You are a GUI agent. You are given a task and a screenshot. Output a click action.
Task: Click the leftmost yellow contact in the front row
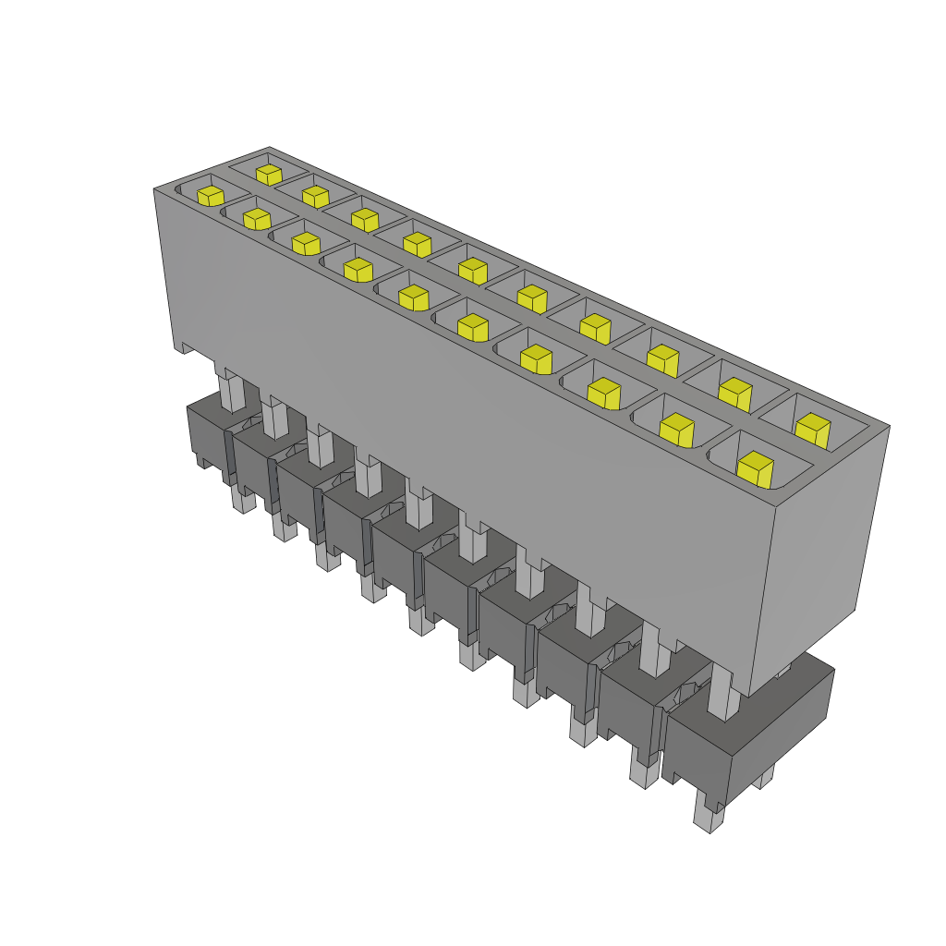(211, 196)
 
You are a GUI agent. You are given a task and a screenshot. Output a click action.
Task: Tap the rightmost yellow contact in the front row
(755, 468)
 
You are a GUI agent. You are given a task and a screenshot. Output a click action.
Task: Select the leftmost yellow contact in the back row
(269, 174)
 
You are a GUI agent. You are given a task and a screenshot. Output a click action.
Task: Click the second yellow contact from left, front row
(256, 219)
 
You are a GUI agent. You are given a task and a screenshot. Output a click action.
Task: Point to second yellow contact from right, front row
(676, 430)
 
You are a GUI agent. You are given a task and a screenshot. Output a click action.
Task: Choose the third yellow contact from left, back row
(365, 219)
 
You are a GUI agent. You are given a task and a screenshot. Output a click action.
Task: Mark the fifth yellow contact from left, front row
(413, 297)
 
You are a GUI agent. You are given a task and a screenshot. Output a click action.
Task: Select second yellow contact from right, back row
(735, 394)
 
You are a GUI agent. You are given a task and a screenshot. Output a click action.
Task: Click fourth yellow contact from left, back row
(417, 244)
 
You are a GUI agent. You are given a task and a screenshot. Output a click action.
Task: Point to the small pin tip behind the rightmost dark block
(762, 780)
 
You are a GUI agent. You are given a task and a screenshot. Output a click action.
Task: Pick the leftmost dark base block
(208, 434)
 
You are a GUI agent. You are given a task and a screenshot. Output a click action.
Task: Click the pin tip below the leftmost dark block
(241, 502)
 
